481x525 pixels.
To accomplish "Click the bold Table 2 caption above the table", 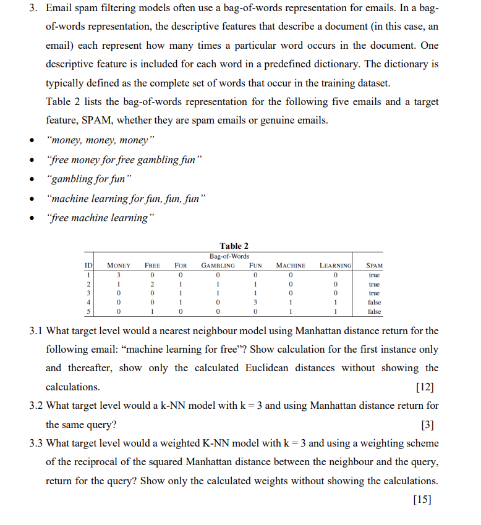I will [x=234, y=246].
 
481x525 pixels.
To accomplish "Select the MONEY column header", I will [x=119, y=266].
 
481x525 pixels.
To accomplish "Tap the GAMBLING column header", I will [x=218, y=266].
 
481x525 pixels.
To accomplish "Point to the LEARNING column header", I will [x=335, y=266].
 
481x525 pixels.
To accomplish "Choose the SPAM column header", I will [x=374, y=266].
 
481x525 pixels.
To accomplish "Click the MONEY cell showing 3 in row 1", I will [x=119, y=275].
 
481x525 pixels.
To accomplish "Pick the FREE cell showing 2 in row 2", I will [x=153, y=284].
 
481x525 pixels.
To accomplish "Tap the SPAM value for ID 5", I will [x=374, y=312].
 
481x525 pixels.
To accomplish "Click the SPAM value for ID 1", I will [x=374, y=275].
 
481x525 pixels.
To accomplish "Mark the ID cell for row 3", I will [x=88, y=293].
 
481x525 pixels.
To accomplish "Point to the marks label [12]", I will [x=425, y=387].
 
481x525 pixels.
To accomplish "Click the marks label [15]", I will [x=425, y=500].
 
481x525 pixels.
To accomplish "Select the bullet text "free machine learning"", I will [x=98, y=217].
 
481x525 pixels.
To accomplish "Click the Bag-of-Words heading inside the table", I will [x=229, y=256].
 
